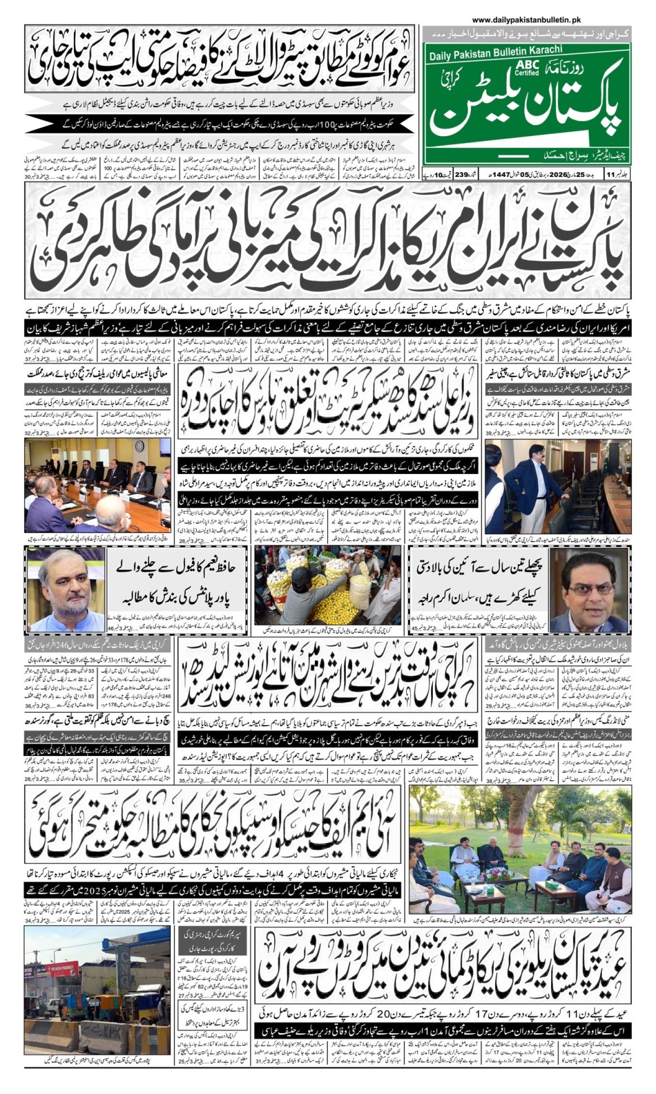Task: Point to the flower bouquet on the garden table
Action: tap(496, 874)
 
